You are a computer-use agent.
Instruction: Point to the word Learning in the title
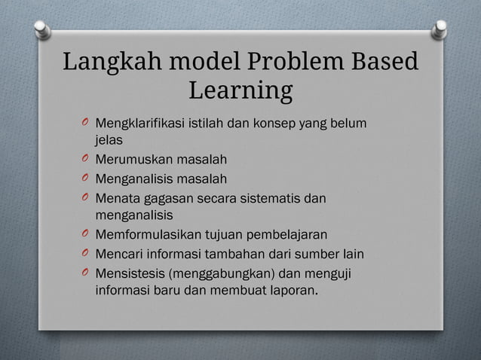(x=240, y=90)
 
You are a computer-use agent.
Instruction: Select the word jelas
(x=109, y=139)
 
